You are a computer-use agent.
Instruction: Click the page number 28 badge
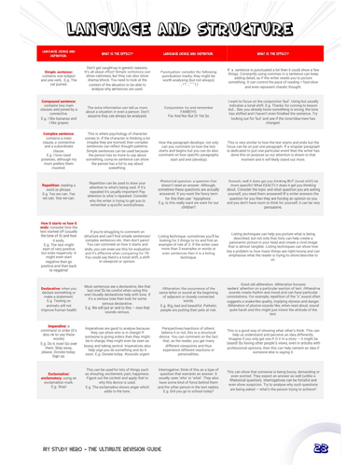(x=346, y=448)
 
